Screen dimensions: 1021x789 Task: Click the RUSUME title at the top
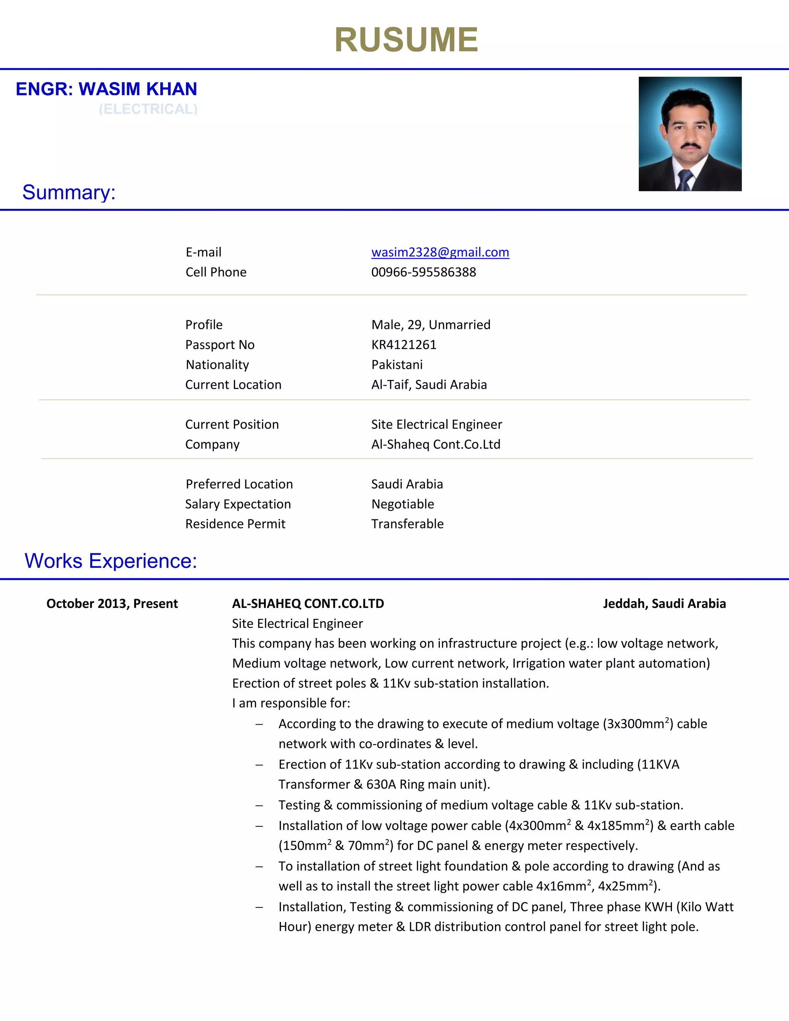coord(406,40)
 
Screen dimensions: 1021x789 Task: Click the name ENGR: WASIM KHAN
coord(107,89)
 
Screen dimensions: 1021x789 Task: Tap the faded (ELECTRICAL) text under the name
coord(148,109)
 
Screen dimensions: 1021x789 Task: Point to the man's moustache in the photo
coord(690,146)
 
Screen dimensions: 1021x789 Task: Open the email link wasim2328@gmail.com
coord(440,252)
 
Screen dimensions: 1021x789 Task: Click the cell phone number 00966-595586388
coord(423,272)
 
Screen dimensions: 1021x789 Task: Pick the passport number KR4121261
coord(404,344)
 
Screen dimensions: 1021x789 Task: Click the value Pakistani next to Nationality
coord(397,364)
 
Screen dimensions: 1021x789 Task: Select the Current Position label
coord(232,425)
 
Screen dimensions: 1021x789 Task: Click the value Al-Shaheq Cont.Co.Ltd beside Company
coord(436,444)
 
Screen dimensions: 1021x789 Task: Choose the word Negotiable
coord(403,504)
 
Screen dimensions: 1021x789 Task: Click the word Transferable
coord(407,524)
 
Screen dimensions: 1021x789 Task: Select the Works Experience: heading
coord(111,561)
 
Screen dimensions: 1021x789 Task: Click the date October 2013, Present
coord(112,603)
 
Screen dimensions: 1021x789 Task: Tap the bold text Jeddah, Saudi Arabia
coord(664,603)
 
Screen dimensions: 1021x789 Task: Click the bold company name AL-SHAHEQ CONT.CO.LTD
coord(308,603)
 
